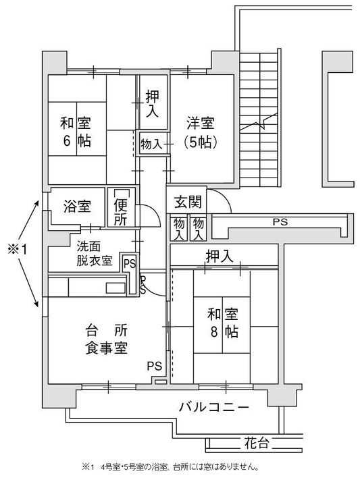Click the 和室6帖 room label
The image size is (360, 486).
[x=75, y=132]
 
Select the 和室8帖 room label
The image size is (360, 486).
[x=223, y=323]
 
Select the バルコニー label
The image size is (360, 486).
[x=214, y=408]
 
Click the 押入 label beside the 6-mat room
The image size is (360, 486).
[x=153, y=106]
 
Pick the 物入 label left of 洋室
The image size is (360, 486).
[x=151, y=144]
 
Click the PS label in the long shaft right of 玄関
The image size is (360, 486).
[x=278, y=221]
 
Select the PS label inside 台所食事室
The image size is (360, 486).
[x=155, y=366]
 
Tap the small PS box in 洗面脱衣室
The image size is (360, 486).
[x=129, y=263]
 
